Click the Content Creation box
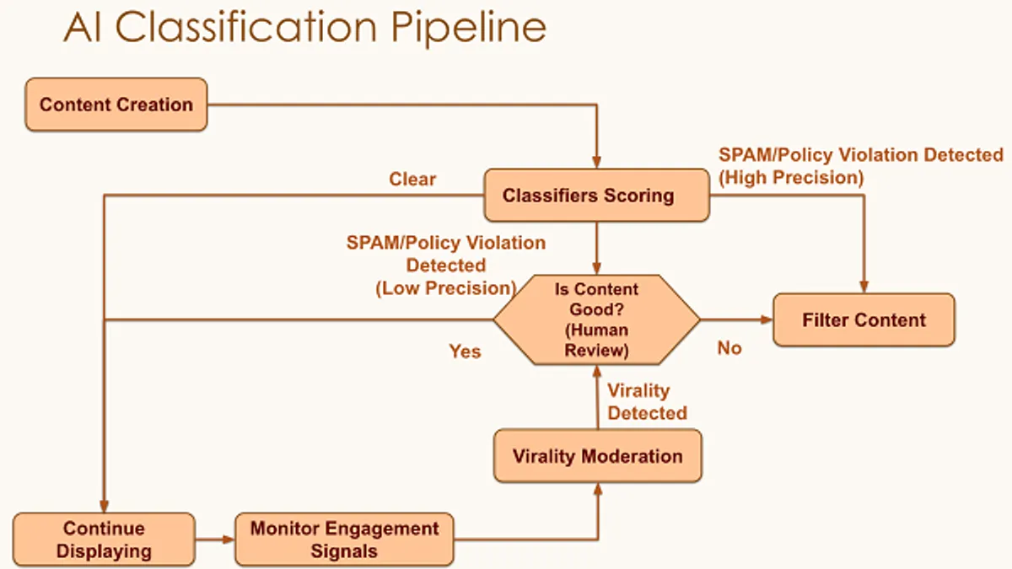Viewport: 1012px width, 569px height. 116,105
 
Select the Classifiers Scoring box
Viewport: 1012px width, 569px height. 597,195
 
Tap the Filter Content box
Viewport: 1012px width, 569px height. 864,319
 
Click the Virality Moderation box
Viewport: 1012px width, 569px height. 598,456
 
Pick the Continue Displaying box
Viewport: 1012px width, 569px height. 104,539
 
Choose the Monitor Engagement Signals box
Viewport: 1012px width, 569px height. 344,539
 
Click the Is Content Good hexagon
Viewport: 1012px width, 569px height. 597,319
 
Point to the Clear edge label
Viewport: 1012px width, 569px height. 412,180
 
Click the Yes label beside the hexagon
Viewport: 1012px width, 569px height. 465,352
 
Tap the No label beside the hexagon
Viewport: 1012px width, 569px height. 729,348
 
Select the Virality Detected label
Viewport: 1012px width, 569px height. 647,401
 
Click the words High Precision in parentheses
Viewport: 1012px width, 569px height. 791,178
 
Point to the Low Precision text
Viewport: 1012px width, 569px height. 446,288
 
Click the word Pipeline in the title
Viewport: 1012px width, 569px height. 469,28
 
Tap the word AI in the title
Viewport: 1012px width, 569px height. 83,27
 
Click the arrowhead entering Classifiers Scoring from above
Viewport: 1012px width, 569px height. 597,163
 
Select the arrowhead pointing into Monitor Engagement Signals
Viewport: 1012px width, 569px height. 229,539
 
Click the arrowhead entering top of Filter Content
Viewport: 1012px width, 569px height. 864,287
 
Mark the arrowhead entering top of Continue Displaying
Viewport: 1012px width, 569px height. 104,507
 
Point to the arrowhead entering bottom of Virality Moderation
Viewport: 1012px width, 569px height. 598,489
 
